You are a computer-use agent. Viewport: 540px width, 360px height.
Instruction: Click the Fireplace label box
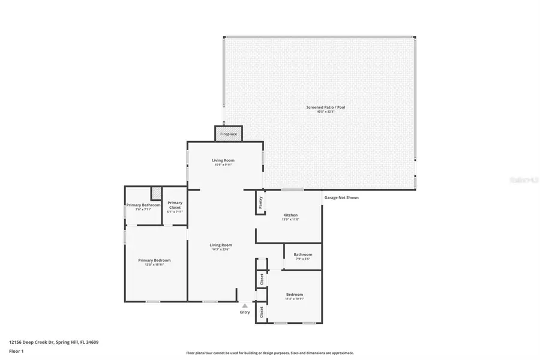[229, 134]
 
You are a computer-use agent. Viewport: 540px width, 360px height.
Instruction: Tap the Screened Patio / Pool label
[326, 107]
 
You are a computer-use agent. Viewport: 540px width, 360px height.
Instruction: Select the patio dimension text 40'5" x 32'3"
[326, 112]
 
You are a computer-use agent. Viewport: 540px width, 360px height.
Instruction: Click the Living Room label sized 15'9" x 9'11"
[223, 160]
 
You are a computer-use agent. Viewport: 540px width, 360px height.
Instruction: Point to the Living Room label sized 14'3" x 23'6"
[221, 245]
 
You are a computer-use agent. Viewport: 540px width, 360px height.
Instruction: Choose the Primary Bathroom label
[143, 205]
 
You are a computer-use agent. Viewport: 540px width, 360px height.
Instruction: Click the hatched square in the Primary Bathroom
[156, 193]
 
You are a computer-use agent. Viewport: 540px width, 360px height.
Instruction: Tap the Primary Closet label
[175, 205]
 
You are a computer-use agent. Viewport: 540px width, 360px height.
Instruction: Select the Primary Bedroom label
[154, 260]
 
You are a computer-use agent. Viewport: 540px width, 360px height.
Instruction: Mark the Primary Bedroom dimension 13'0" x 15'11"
[154, 265]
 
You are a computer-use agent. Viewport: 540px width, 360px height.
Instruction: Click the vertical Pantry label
[260, 203]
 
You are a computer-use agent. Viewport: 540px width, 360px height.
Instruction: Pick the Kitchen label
[290, 215]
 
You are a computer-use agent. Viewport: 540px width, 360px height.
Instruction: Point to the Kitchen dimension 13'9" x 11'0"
[290, 220]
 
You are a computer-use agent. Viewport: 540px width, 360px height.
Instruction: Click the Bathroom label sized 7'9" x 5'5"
[302, 254]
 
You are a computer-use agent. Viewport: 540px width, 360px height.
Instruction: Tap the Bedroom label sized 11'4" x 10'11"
[295, 294]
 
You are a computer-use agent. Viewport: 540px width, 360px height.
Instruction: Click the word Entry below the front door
[245, 312]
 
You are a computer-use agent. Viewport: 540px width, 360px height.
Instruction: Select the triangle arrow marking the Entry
[245, 305]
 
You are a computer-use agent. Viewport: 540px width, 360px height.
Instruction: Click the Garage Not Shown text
[341, 197]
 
